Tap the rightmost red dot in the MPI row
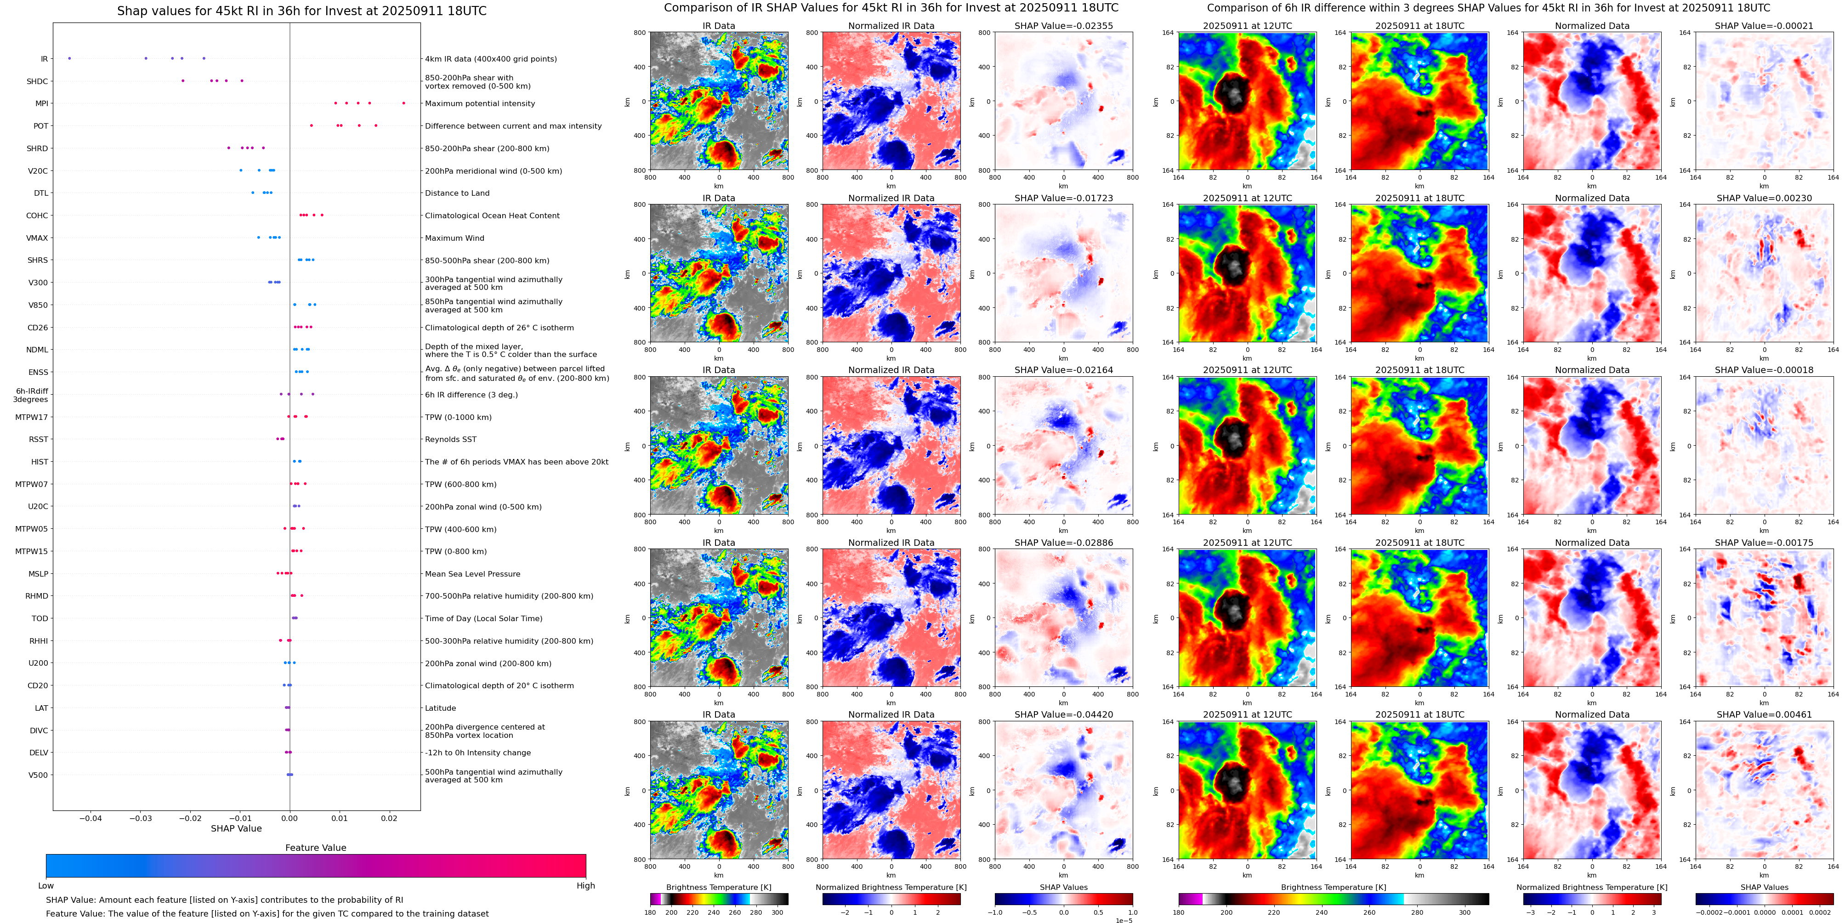[404, 103]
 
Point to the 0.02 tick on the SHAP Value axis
[389, 818]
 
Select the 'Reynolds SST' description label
[450, 440]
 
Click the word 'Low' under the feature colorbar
[46, 886]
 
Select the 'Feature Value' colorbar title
[315, 848]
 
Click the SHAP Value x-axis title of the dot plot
[236, 828]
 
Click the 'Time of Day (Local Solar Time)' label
[483, 619]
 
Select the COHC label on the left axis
[37, 215]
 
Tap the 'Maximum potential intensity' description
[480, 104]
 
